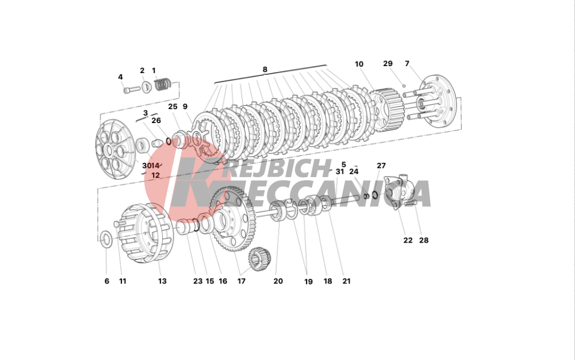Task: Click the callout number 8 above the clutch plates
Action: coord(264,69)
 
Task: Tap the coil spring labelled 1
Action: coord(163,85)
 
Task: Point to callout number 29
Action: coord(388,63)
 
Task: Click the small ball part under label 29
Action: coord(404,86)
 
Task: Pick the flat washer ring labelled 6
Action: coord(106,239)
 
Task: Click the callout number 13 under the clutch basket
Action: coord(162,281)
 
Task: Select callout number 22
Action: coord(408,240)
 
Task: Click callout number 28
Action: coord(424,240)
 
